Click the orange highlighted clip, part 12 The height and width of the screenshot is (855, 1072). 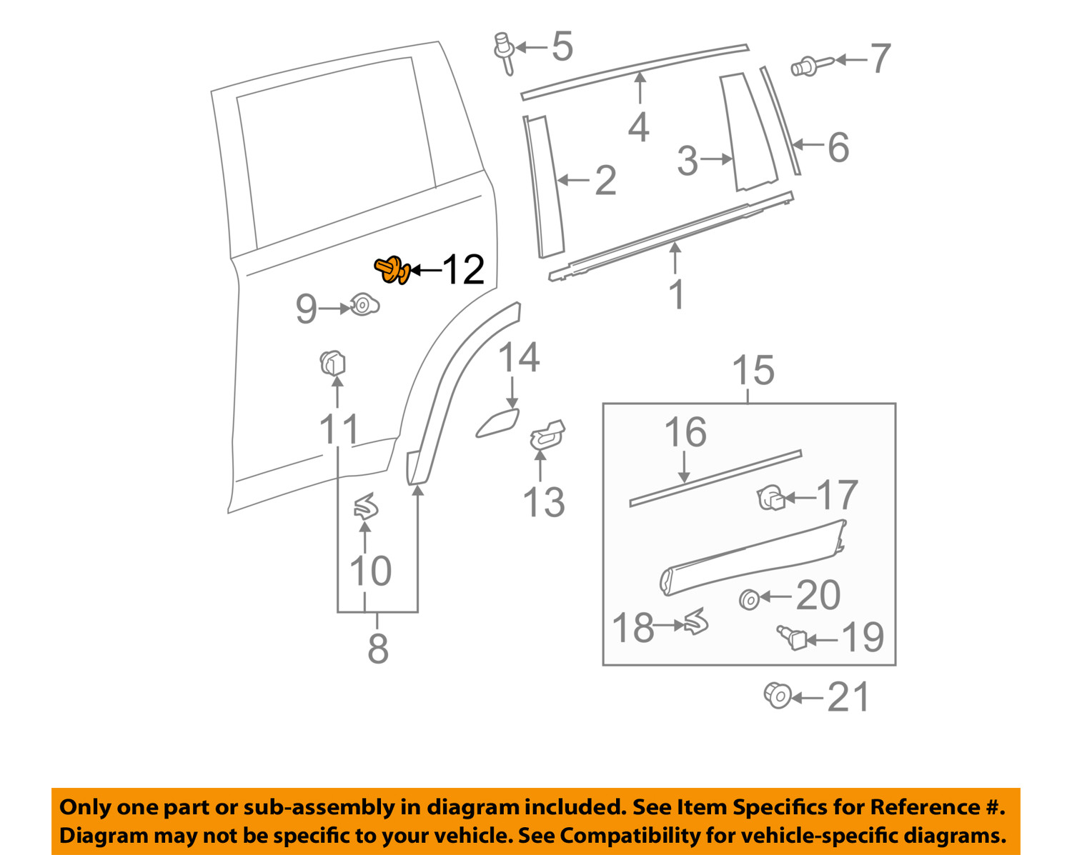coord(392,270)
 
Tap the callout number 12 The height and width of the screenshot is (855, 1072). coord(463,270)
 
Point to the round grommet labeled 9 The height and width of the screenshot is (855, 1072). coord(364,306)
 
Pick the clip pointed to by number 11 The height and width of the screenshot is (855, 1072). coord(332,363)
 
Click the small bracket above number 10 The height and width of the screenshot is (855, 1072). coord(366,506)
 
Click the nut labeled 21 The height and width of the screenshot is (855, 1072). coord(778,695)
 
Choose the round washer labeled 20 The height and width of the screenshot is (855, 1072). coord(749,599)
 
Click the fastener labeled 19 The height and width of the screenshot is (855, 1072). coord(792,636)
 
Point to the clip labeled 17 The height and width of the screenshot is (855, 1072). coord(770,497)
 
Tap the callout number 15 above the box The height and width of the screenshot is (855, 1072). coord(753,371)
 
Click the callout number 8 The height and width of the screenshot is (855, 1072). coord(377,649)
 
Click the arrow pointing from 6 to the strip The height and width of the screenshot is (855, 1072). coord(808,145)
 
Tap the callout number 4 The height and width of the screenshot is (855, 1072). coord(638,128)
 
